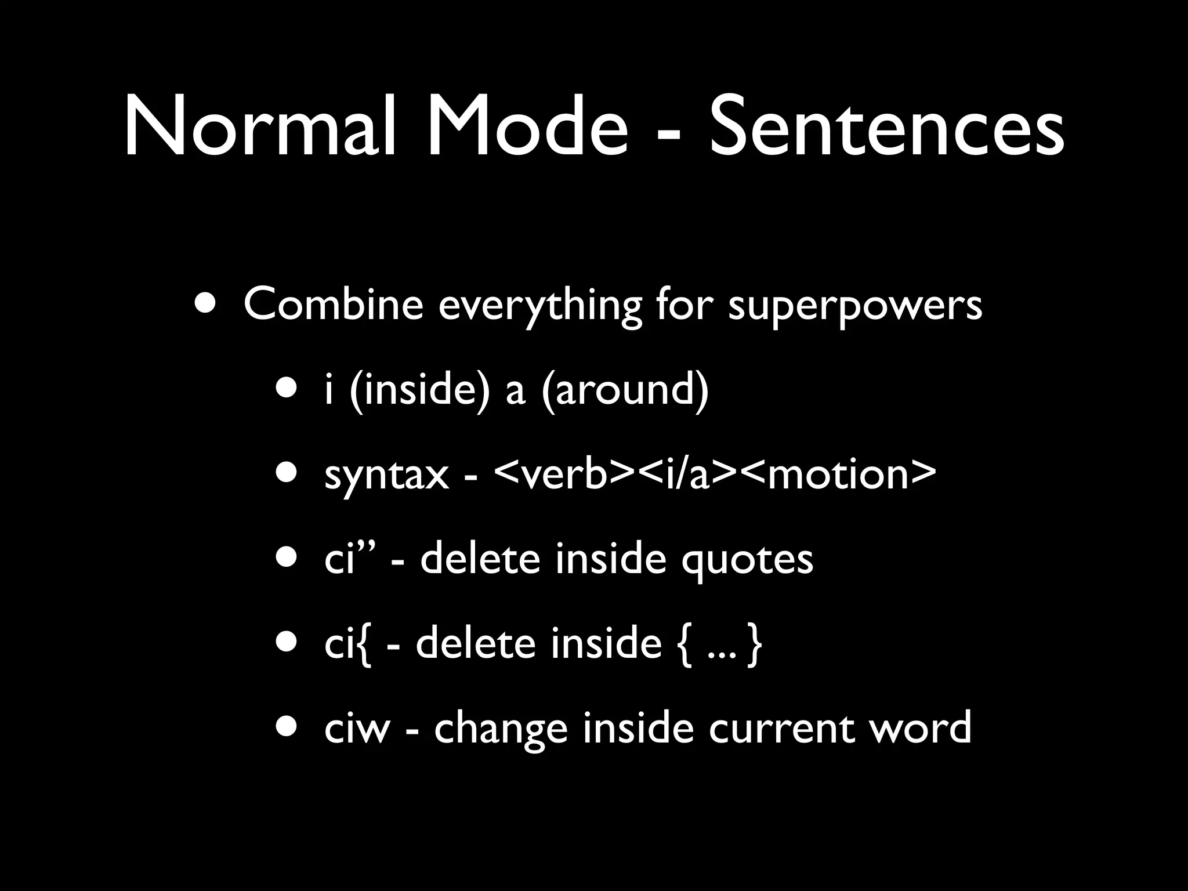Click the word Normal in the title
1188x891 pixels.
260,126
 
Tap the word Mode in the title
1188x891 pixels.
527,126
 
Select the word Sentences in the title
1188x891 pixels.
886,126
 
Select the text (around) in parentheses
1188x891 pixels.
625,389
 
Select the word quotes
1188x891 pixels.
747,560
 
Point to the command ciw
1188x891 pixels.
356,728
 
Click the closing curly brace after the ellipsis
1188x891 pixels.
754,645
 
